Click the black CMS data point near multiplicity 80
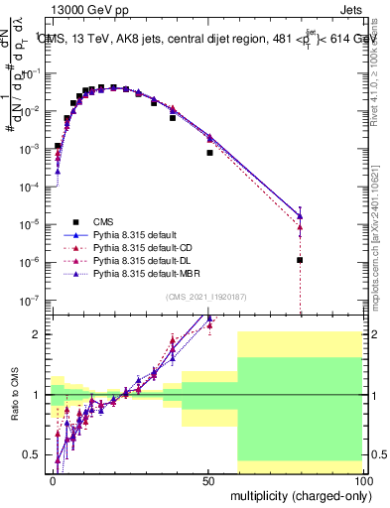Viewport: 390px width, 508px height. [x=300, y=260]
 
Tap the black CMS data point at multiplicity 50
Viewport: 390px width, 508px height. [x=209, y=153]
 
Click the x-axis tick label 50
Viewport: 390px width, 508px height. [x=207, y=479]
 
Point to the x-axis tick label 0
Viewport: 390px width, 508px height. [x=53, y=479]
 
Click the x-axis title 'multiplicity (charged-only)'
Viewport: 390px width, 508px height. [x=297, y=494]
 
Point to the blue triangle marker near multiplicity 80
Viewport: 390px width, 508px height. [x=300, y=215]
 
